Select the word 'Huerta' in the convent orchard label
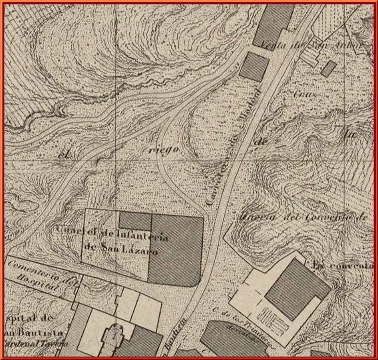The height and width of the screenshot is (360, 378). coord(252,217)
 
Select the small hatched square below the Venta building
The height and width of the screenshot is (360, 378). coord(254,66)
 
